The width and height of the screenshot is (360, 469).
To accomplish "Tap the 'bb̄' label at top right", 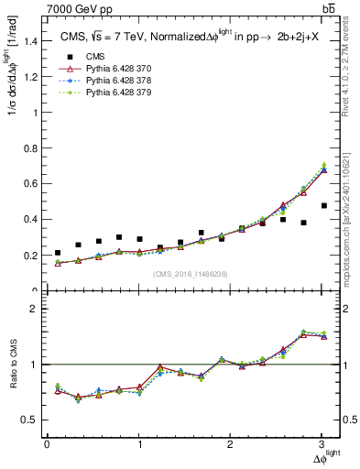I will point(328,9).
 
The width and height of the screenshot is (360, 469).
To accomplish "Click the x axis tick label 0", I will point(47,444).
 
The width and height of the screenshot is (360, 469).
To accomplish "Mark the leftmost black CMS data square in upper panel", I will point(58,253).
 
